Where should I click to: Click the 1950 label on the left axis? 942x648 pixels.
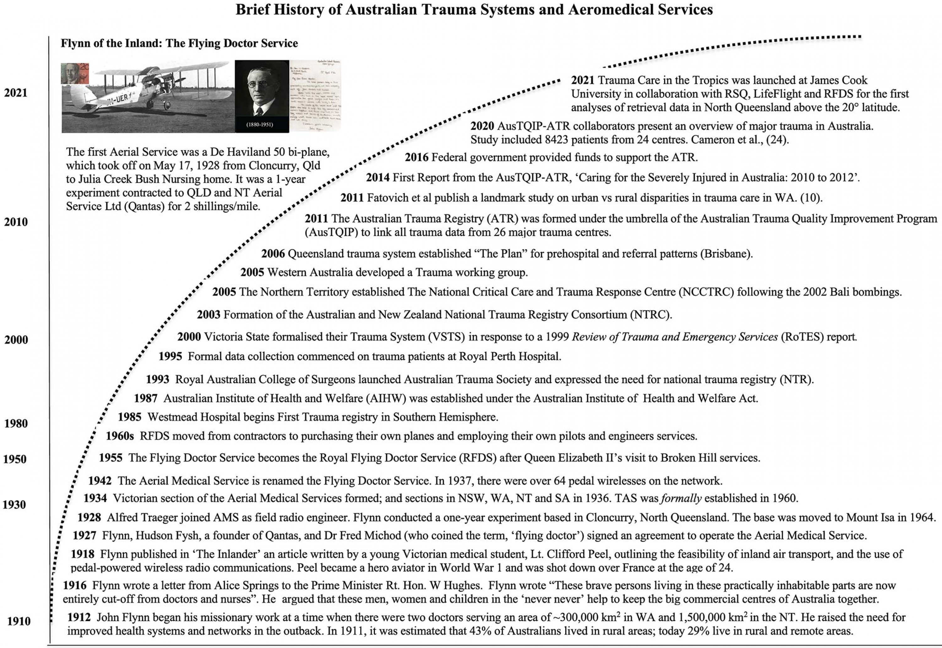(x=15, y=459)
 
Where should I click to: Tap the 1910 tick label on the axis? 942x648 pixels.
(x=18, y=621)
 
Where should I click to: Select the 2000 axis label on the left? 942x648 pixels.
(x=16, y=340)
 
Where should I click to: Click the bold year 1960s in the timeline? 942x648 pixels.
(x=120, y=436)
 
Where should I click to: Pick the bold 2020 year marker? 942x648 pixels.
(x=482, y=126)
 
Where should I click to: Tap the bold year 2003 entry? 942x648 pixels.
(x=208, y=315)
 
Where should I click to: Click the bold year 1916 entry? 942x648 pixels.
(x=74, y=585)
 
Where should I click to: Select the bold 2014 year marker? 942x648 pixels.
(x=377, y=177)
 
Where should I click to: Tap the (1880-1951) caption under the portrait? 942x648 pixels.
(x=260, y=125)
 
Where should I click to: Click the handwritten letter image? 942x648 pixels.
(x=315, y=96)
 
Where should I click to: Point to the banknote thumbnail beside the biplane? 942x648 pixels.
(x=75, y=74)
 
